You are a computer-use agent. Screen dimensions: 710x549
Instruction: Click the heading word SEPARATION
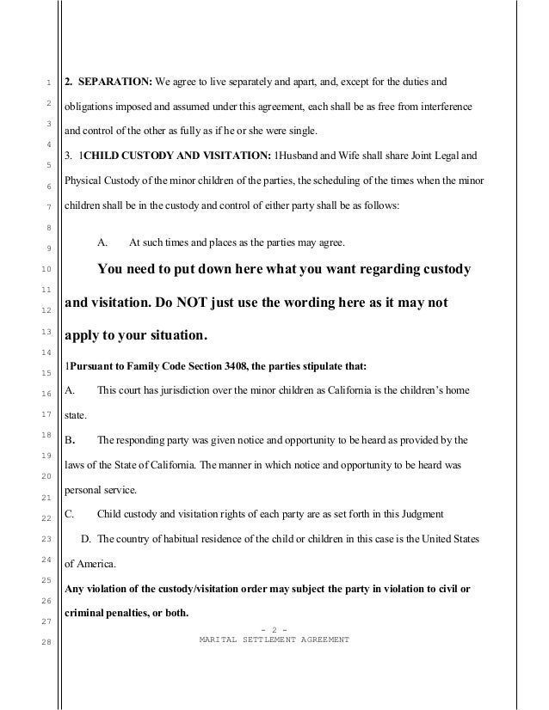tap(114, 83)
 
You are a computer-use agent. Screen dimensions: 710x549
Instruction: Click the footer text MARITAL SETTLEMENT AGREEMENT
tap(274, 640)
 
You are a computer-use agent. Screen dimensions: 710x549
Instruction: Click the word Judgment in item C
tap(418, 514)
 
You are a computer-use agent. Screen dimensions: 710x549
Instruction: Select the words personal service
tap(100, 490)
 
